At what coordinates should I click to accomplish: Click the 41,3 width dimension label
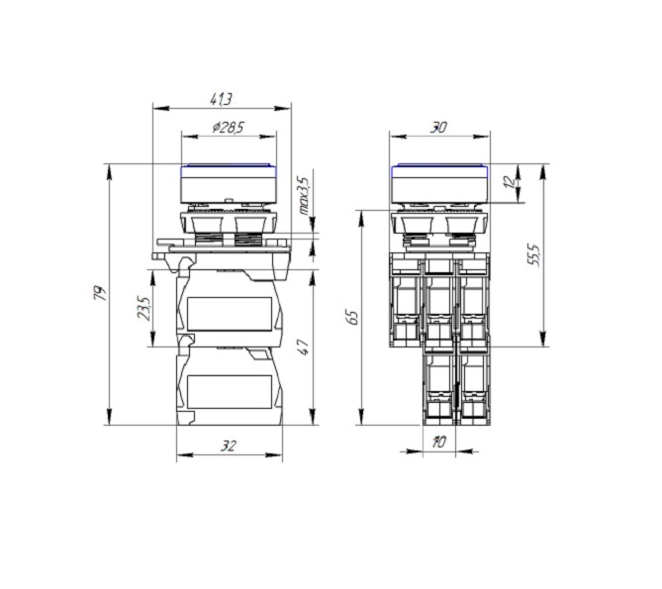click(x=222, y=100)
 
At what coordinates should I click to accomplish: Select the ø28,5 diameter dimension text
click(x=229, y=127)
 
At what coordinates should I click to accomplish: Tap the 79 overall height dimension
click(x=100, y=293)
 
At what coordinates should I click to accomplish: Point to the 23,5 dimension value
click(x=143, y=308)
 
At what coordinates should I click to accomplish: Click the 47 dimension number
click(x=304, y=347)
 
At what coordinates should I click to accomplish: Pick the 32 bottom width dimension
click(x=229, y=445)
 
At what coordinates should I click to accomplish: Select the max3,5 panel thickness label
click(x=305, y=195)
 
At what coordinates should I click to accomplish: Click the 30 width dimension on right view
click(x=438, y=127)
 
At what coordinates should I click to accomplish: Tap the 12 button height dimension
click(x=511, y=181)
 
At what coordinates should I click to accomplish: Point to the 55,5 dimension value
click(x=533, y=254)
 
